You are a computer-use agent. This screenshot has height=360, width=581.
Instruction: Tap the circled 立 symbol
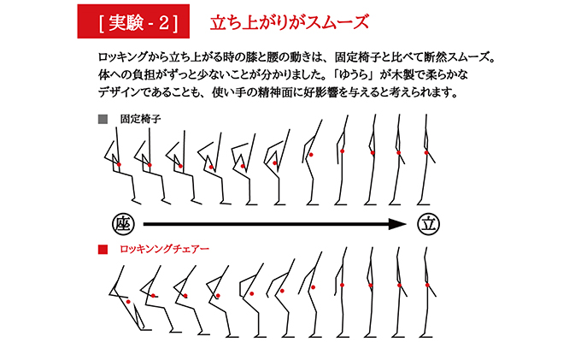[427, 224]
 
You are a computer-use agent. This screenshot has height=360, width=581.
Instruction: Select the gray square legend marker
[103, 119]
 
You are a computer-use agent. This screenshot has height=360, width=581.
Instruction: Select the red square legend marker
[103, 251]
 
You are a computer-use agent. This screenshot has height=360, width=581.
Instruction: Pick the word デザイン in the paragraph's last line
[121, 91]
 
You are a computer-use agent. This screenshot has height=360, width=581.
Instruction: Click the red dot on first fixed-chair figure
[120, 162]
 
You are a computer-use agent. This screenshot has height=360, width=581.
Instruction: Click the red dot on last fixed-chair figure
[426, 152]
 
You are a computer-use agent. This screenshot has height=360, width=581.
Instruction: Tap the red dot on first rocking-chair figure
[127, 301]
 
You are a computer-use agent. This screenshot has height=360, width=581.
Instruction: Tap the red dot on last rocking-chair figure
[426, 285]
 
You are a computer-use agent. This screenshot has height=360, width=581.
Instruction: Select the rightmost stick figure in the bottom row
[427, 291]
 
